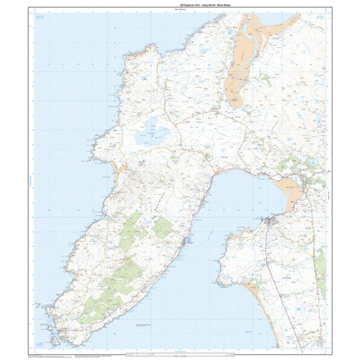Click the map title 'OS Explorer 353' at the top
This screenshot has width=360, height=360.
click(x=179, y=7)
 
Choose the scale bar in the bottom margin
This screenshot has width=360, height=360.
click(x=180, y=353)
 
